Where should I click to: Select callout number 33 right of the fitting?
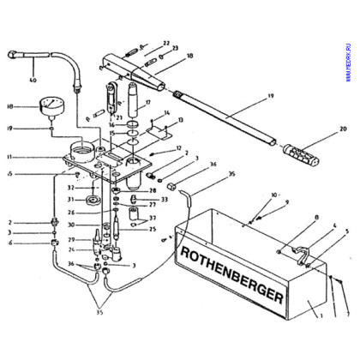click(x=163, y=200)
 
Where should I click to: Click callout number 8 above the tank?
click(x=291, y=218)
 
